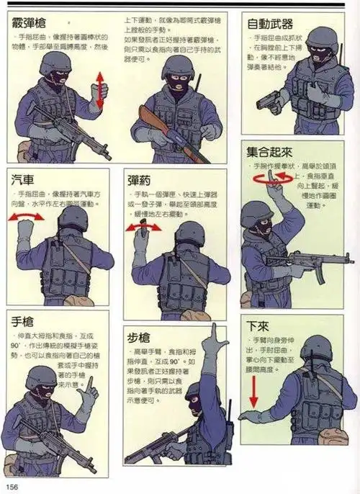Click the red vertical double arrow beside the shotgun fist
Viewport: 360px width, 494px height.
pos(99,91)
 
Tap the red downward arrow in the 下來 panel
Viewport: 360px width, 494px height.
pos(253,393)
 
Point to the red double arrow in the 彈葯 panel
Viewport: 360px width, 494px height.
pos(143,227)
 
